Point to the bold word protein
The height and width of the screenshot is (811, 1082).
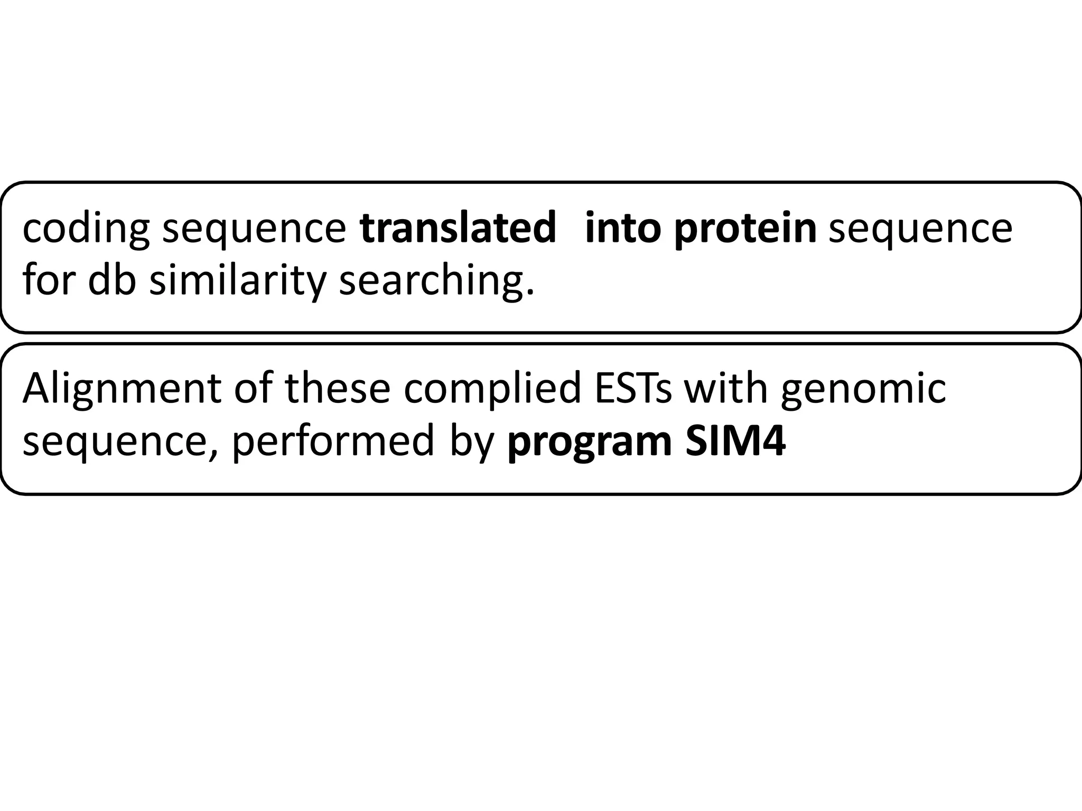[x=745, y=230]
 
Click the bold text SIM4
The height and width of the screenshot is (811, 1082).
[x=735, y=441]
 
